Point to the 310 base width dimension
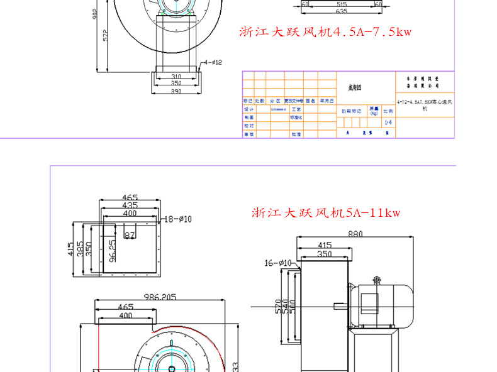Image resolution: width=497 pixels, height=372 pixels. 176,77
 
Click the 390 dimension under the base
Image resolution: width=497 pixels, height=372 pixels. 176,92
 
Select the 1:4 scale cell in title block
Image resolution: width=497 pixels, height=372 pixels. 388,123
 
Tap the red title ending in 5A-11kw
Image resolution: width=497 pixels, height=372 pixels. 326,213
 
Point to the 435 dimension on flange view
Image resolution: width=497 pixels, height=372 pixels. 130,205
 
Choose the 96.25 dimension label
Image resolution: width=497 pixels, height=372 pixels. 111,251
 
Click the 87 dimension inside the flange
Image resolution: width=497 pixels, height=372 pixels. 130,235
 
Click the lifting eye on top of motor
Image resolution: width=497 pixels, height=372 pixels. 376,279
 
